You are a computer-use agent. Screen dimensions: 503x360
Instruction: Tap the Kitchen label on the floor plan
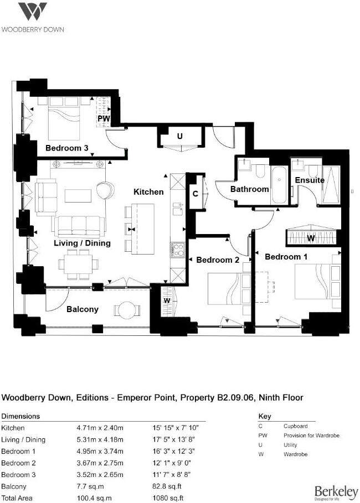(x=148, y=192)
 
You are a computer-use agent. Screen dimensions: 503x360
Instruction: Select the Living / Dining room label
(x=82, y=243)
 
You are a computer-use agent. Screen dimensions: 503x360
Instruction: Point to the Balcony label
(x=82, y=309)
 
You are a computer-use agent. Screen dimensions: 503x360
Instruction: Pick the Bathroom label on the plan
(x=249, y=189)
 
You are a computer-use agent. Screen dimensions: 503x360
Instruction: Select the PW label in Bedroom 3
(x=103, y=119)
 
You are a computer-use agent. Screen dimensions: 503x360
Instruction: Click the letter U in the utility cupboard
(x=180, y=136)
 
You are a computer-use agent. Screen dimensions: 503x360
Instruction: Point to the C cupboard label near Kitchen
(x=196, y=194)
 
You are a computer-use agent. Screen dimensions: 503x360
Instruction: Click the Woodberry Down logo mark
(x=32, y=12)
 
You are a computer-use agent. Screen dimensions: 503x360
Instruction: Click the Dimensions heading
(x=20, y=416)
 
